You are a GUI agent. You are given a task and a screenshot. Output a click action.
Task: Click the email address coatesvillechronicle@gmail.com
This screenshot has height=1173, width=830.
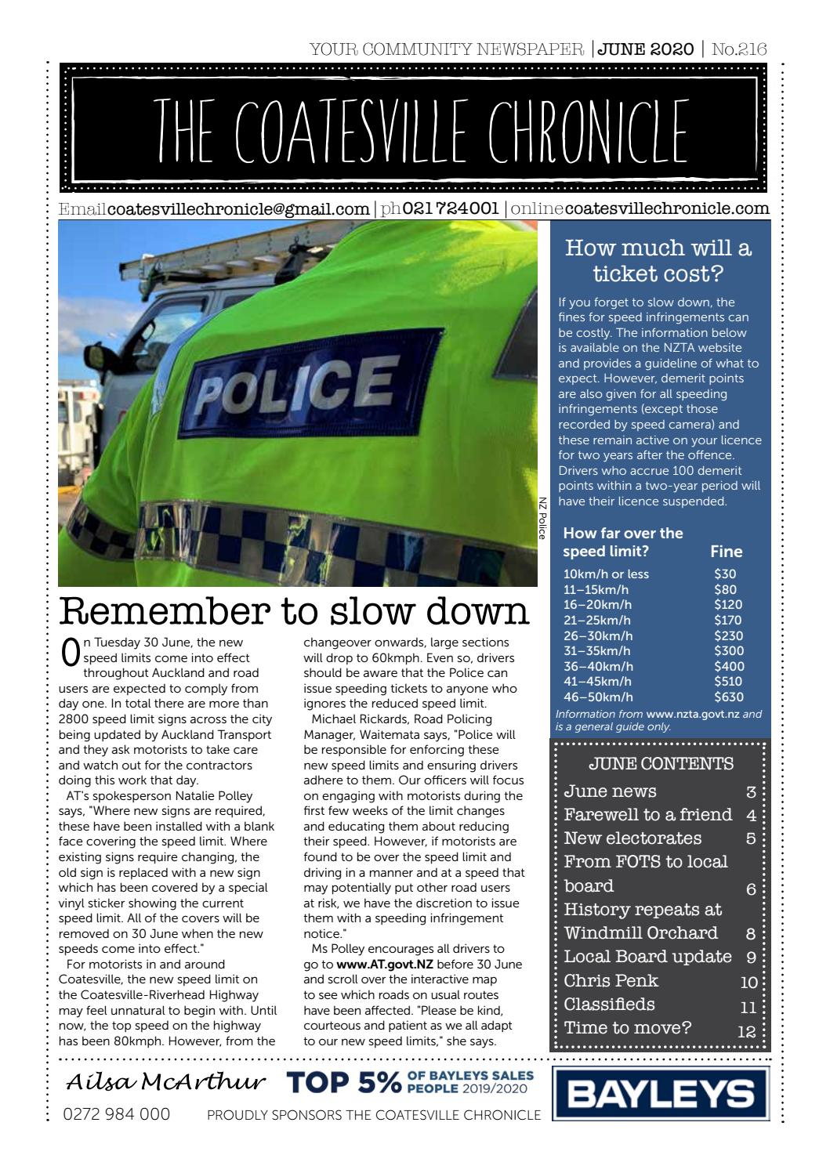click(x=237, y=209)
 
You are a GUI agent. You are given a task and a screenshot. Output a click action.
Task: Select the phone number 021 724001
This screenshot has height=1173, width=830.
click(x=450, y=209)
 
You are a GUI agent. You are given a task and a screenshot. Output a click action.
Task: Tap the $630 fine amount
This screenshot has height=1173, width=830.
click(x=729, y=697)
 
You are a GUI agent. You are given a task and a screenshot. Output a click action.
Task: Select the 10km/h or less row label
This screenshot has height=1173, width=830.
click(x=606, y=574)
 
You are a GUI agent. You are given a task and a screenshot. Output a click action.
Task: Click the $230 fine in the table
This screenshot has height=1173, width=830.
click(x=729, y=635)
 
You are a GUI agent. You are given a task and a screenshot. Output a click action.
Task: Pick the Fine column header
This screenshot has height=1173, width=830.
click(x=726, y=551)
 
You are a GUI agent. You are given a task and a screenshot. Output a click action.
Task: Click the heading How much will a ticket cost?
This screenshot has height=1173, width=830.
click(x=658, y=261)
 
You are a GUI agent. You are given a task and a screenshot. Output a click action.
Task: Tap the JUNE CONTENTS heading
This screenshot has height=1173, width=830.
click(x=660, y=763)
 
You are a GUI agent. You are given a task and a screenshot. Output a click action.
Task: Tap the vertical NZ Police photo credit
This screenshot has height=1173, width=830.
click(x=542, y=519)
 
